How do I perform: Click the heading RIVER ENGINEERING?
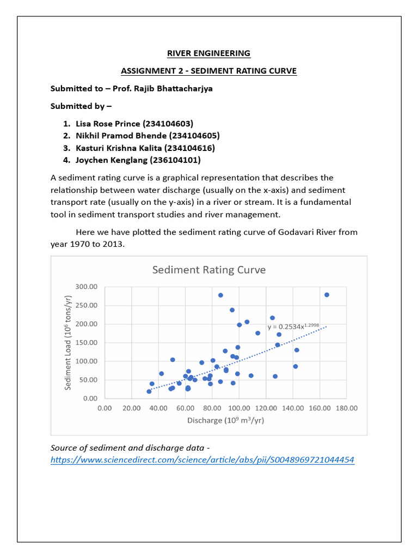208,53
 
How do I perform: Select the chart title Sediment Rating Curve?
208,270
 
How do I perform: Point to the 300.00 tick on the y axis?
86,287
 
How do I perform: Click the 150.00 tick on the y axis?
86,343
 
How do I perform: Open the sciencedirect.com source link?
202,460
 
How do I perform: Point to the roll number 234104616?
190,148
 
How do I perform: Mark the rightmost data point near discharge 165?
327,295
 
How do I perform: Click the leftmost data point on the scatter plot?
149,391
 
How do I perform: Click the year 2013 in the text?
115,244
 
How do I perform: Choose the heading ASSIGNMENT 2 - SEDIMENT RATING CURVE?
208,71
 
